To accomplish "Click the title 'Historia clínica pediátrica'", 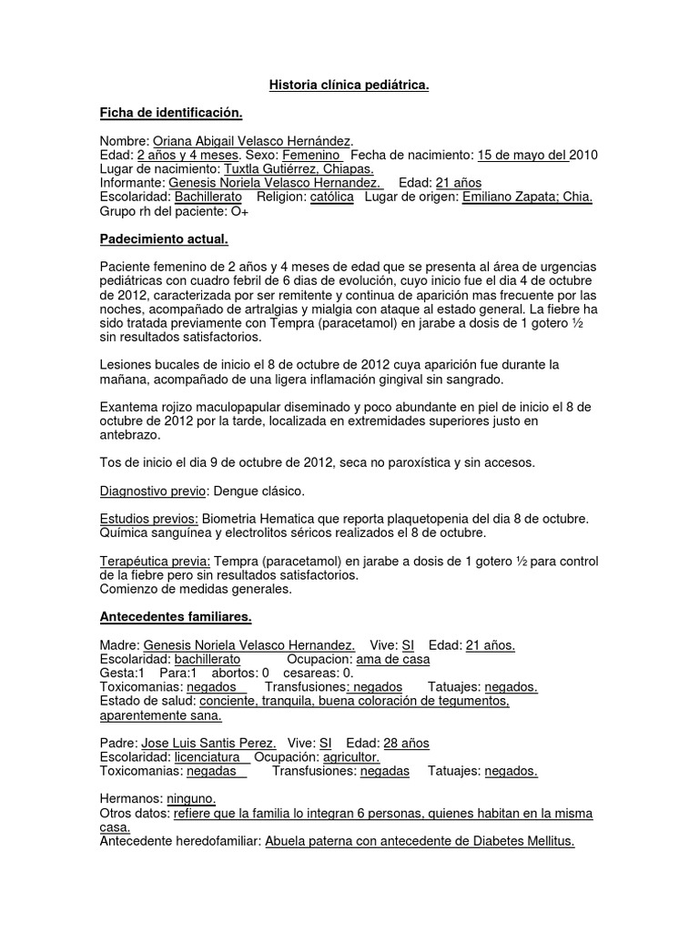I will (349, 86).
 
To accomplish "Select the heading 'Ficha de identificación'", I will (171, 113).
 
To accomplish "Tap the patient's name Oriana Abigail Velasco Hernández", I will (251, 141).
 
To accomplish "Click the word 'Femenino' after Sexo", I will (317, 155).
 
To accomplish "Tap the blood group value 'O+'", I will (239, 211).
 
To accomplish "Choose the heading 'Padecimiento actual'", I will (163, 238).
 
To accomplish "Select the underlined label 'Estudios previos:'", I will (148, 519).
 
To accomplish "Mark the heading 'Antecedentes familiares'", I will (175, 617).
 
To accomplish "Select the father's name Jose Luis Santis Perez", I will (209, 744).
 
